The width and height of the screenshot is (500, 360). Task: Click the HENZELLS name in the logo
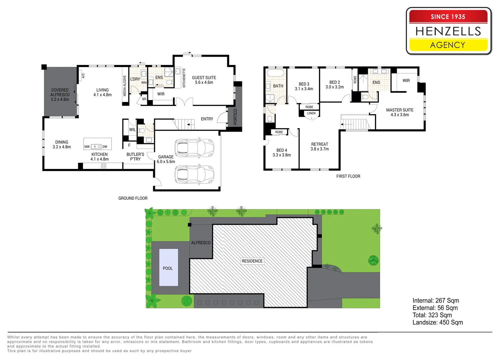pyautogui.click(x=448, y=31)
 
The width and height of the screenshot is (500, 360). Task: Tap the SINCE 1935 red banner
pyautogui.click(x=448, y=16)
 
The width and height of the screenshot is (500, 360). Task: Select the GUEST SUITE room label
pyautogui.click(x=204, y=80)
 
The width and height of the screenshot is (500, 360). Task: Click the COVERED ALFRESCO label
pyautogui.click(x=60, y=95)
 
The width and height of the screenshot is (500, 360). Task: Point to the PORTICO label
pyautogui.click(x=235, y=117)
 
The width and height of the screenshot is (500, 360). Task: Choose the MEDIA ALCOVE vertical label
pyautogui.click(x=125, y=86)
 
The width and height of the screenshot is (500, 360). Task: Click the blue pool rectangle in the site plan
pyautogui.click(x=169, y=267)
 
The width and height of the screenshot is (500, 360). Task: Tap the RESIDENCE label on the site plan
pyautogui.click(x=252, y=261)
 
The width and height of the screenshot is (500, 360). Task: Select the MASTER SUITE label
pyautogui.click(x=399, y=112)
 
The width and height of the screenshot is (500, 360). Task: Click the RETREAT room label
pyautogui.click(x=320, y=147)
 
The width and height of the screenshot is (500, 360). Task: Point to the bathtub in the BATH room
pyautogui.click(x=275, y=73)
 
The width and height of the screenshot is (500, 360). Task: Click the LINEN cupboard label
pyautogui.click(x=311, y=113)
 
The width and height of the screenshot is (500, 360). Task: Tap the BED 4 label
pyautogui.click(x=282, y=153)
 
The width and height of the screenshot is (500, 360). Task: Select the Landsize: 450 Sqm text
pyautogui.click(x=437, y=322)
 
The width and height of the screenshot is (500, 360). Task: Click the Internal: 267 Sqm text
pyautogui.click(x=436, y=301)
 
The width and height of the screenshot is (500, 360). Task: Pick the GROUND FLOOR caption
pyautogui.click(x=133, y=198)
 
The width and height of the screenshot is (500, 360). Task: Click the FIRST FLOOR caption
pyautogui.click(x=348, y=176)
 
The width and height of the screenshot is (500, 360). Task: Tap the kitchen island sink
pyautogui.click(x=96, y=147)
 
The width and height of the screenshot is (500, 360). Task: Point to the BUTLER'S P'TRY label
pyautogui.click(x=135, y=157)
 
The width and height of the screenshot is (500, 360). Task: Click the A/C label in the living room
pyautogui.click(x=83, y=76)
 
